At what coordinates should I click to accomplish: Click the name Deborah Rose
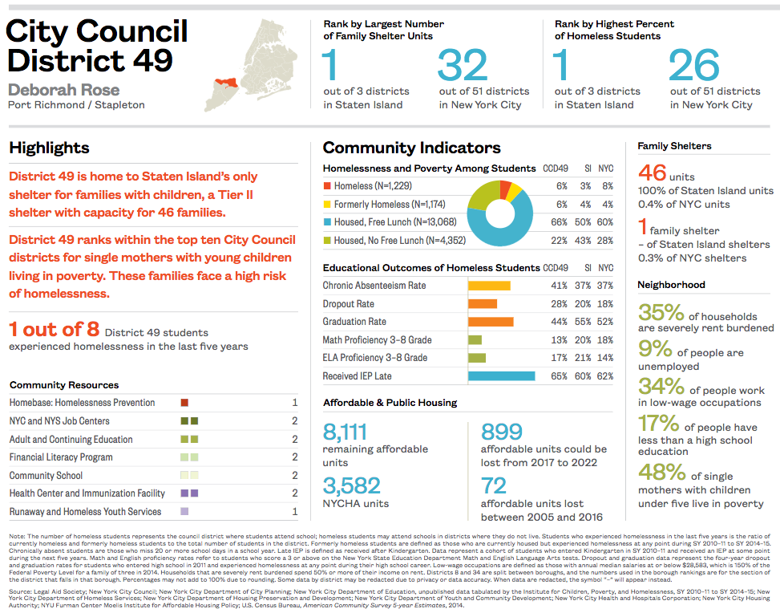pyautogui.click(x=63, y=90)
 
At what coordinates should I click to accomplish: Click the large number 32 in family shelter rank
pyautogui.click(x=463, y=67)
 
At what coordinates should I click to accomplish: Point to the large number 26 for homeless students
pyautogui.click(x=694, y=67)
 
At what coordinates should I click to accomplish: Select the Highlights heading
pyautogui.click(x=49, y=148)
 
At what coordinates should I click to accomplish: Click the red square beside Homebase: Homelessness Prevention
pyautogui.click(x=184, y=403)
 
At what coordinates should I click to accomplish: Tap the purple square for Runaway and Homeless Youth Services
pyautogui.click(x=184, y=511)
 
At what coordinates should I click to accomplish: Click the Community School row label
pyautogui.click(x=46, y=475)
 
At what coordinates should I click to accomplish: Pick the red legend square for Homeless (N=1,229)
pyautogui.click(x=327, y=185)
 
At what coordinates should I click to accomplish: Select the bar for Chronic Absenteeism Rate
pyautogui.click(x=489, y=286)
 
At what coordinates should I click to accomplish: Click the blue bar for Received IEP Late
pyautogui.click(x=501, y=376)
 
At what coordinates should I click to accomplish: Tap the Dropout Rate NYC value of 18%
pyautogui.click(x=605, y=304)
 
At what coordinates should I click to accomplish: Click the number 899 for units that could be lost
pyautogui.click(x=502, y=432)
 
